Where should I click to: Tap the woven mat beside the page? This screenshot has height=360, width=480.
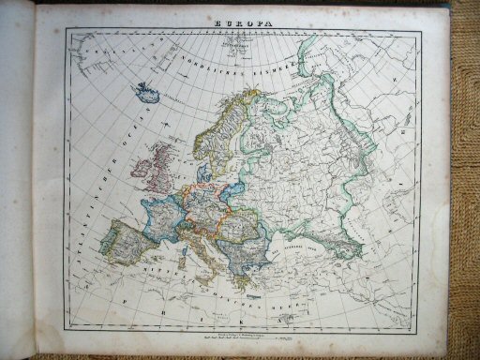click(x=464, y=187)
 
